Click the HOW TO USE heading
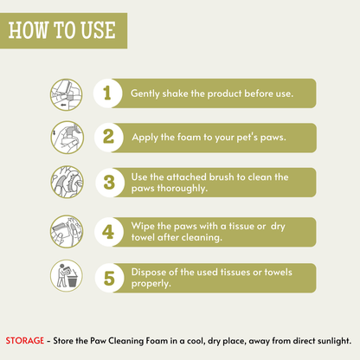click(x=62, y=30)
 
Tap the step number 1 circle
click(x=108, y=93)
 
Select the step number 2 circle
click(x=109, y=138)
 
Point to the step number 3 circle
click(x=110, y=183)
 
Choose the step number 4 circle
click(x=109, y=232)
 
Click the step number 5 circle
click(x=110, y=278)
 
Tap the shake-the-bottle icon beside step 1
click(x=66, y=95)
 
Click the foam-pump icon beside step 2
click(x=67, y=138)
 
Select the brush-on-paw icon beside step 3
click(x=67, y=182)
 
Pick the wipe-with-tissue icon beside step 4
click(x=67, y=231)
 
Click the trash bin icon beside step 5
click(x=67, y=276)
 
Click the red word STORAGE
click(x=25, y=341)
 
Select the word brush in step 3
click(x=222, y=177)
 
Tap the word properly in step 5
click(x=151, y=284)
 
